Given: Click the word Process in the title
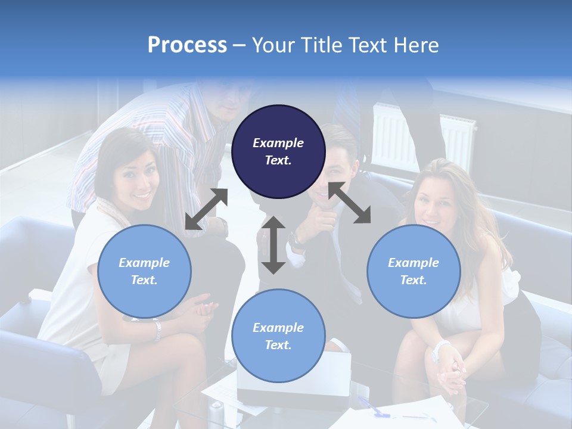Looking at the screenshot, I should (x=187, y=45).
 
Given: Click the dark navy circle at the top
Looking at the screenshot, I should (x=278, y=151).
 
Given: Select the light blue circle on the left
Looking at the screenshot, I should (x=144, y=271).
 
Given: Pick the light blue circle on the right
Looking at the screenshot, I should (x=414, y=271).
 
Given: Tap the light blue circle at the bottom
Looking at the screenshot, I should (x=278, y=336).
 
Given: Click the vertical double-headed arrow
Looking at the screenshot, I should (x=273, y=245).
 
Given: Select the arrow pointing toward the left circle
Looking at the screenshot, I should (x=206, y=209).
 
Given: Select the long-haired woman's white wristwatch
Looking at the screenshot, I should (x=440, y=350).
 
